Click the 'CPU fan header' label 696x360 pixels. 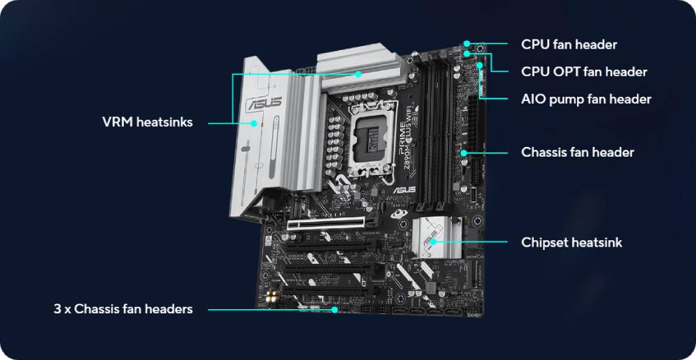(569, 45)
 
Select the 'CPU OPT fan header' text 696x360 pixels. (584, 72)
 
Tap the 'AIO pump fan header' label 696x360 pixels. (586, 99)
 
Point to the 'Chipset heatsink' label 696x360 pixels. (571, 242)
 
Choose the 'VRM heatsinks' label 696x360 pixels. (148, 122)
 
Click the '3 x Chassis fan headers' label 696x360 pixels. (123, 309)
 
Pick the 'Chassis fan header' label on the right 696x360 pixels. (578, 152)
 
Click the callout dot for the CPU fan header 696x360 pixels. (466, 43)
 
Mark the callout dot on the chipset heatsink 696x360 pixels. (432, 242)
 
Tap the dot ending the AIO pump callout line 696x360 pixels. (480, 65)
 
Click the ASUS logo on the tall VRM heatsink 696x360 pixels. (264, 102)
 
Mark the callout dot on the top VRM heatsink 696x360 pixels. (358, 74)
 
